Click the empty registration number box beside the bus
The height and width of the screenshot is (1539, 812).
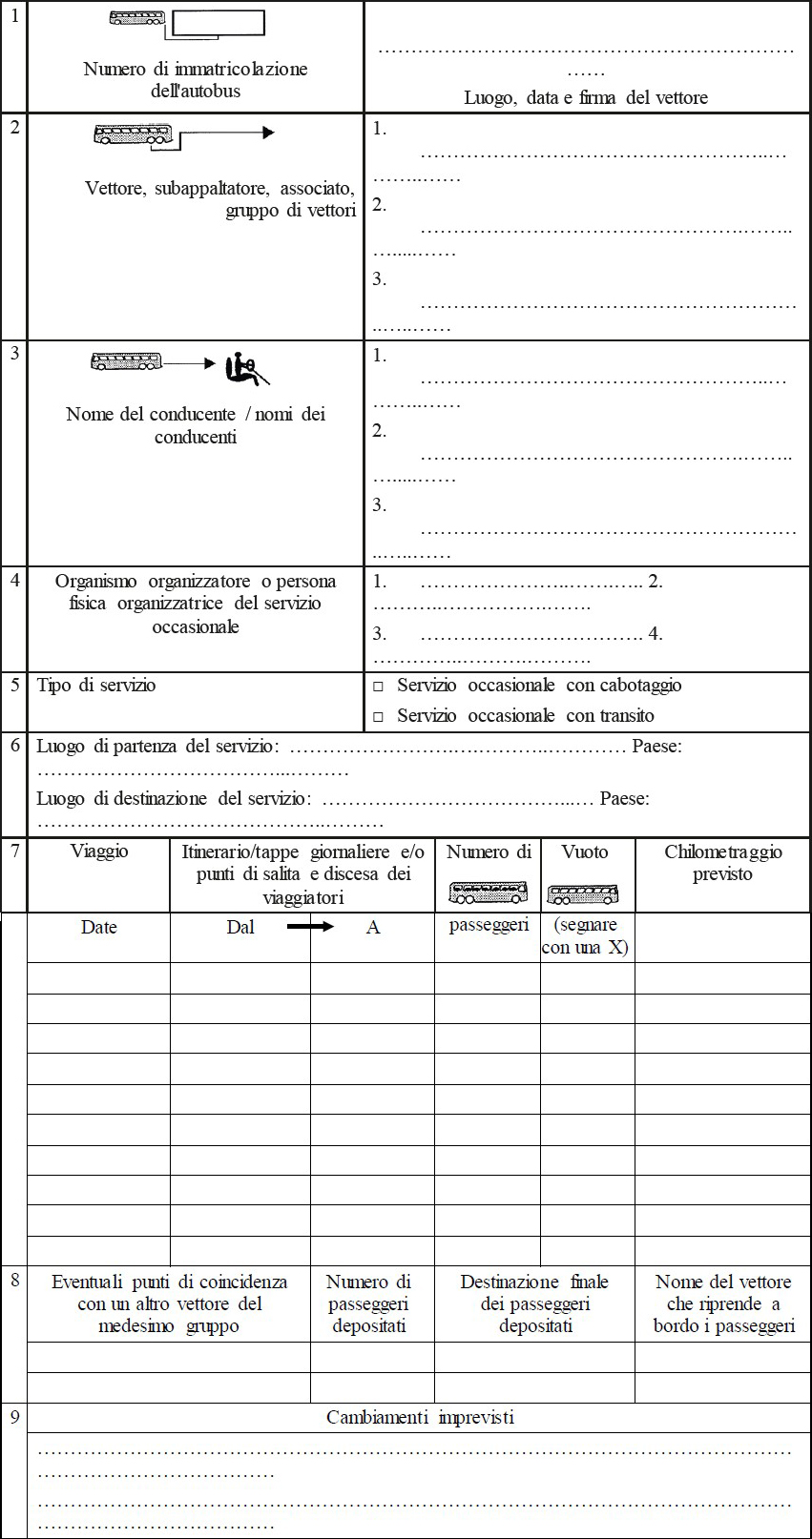(x=219, y=22)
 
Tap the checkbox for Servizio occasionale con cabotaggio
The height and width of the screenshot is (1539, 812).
(x=378, y=687)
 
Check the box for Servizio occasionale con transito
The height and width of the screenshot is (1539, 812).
(x=378, y=716)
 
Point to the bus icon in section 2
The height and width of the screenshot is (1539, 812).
(x=133, y=134)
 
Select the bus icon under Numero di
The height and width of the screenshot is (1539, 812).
(x=488, y=893)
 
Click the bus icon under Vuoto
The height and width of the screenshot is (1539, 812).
(x=583, y=894)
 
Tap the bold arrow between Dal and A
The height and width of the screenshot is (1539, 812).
(x=310, y=926)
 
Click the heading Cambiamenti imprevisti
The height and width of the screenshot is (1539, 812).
(x=420, y=1417)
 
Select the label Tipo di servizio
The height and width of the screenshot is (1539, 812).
(x=96, y=686)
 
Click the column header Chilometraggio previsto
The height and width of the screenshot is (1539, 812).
(x=722, y=863)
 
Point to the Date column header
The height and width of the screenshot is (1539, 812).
(x=98, y=927)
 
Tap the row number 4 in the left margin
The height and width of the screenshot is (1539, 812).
(x=14, y=580)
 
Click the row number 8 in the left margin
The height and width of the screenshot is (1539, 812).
(x=14, y=1281)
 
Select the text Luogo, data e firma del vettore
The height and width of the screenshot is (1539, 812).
(x=586, y=97)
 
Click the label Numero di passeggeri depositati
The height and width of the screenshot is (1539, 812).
(x=369, y=1303)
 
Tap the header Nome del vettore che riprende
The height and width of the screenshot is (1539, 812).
(x=723, y=1303)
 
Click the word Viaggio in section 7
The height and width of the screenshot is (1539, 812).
(x=99, y=851)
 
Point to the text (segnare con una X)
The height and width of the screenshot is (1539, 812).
(x=585, y=935)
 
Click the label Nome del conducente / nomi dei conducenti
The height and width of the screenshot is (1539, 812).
(x=196, y=425)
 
